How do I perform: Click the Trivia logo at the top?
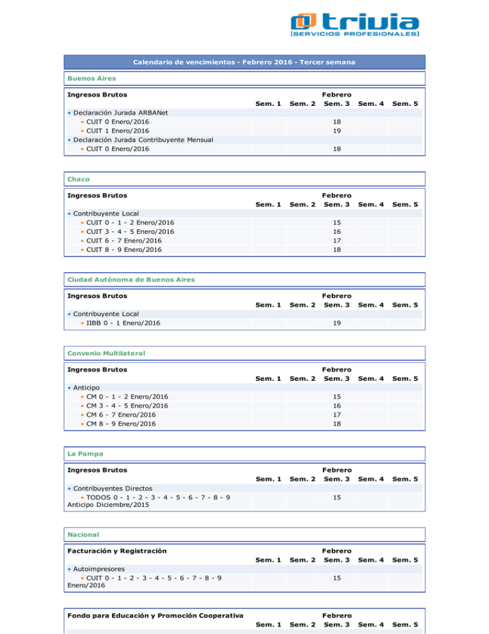coord(355,27)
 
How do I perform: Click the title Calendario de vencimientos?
coord(244,62)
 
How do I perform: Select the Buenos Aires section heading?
coord(89,78)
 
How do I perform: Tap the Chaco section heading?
coord(77,179)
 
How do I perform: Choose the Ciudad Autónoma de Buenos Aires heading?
coord(131,279)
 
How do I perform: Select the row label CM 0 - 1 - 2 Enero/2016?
coord(127,396)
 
